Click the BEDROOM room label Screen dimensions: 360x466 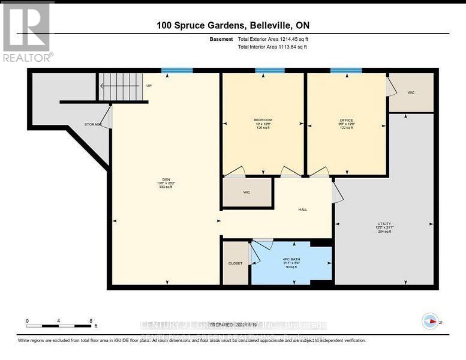point(263,120)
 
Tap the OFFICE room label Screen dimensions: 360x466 point(346,120)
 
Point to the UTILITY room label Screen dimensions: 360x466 point(384,223)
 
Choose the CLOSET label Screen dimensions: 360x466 point(235,263)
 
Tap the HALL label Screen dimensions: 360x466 point(303,209)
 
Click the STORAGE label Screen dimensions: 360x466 point(92,124)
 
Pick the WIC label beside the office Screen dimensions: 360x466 point(411,92)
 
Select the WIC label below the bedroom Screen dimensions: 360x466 point(246,193)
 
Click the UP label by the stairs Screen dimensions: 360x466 point(149,85)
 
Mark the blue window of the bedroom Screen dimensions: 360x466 point(269,71)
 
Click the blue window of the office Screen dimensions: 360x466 point(346,71)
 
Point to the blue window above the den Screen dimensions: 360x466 point(177,71)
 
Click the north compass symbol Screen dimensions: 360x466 point(430,322)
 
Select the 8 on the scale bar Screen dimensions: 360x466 point(90,321)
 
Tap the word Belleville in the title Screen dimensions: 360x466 point(268,25)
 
